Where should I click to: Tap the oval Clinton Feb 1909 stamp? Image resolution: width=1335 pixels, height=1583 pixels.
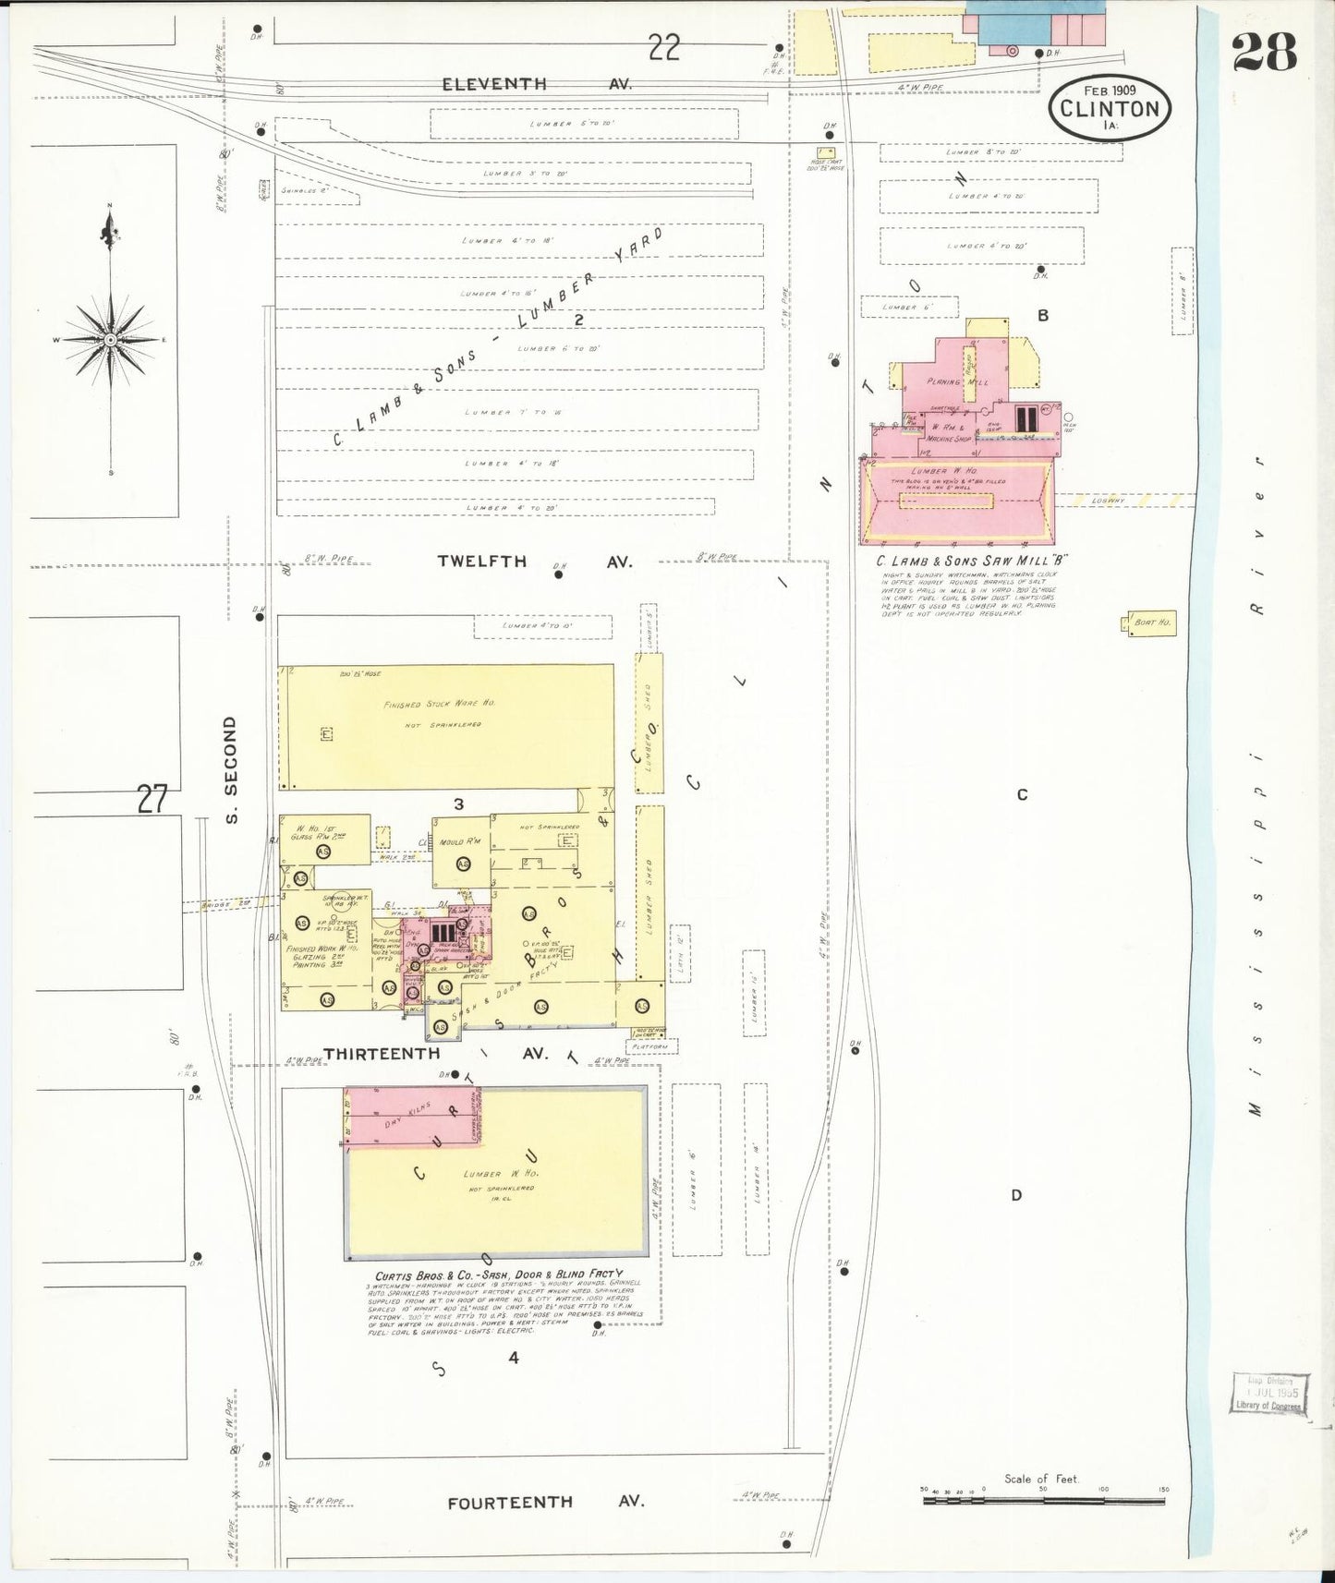click(x=1110, y=107)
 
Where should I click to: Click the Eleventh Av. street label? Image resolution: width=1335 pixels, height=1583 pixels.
click(x=536, y=83)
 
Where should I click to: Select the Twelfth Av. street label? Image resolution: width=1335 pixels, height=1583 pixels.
click(x=535, y=561)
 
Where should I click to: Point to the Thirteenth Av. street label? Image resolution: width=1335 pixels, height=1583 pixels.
click(x=435, y=1053)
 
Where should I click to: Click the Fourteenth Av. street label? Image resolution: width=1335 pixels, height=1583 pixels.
click(x=545, y=1503)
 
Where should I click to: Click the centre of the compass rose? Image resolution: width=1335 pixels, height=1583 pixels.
click(x=111, y=340)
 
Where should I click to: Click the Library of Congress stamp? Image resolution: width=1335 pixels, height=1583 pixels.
click(x=1268, y=1393)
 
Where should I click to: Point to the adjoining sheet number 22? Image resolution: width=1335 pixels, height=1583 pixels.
click(x=663, y=46)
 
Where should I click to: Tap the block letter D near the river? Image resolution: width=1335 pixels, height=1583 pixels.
click(x=1016, y=1195)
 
